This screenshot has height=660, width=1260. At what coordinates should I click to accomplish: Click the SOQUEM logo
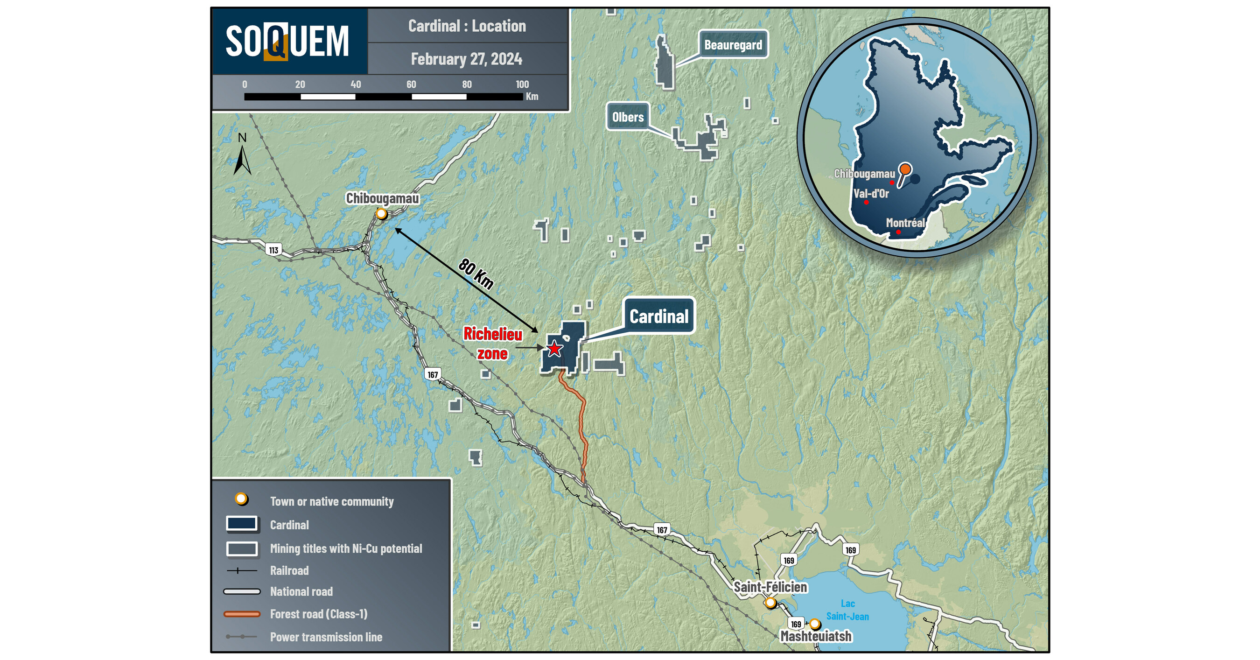287,42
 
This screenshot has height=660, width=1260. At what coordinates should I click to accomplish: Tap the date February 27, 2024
466,59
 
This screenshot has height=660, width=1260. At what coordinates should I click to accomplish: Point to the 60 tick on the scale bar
411,84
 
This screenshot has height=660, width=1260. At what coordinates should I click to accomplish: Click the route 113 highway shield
273,250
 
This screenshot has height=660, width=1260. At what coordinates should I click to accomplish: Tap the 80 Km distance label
476,274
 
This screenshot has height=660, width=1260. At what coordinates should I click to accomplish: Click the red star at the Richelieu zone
554,349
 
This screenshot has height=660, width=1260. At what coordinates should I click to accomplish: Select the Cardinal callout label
658,316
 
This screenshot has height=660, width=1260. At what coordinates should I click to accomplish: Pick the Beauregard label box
733,45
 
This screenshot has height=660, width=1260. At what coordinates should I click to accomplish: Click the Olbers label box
628,117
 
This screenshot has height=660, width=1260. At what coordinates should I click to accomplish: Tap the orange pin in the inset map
905,169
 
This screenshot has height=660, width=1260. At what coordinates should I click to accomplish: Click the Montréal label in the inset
905,223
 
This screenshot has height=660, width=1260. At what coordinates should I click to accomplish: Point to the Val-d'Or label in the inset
871,194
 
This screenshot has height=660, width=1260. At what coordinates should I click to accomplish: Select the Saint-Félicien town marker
770,603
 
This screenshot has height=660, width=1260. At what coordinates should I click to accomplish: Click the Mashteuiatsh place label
816,637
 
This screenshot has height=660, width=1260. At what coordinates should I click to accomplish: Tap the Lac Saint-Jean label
847,610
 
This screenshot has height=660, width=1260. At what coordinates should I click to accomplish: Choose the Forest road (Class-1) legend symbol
242,614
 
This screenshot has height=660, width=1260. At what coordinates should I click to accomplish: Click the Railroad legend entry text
289,570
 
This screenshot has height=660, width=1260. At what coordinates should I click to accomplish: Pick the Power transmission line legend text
326,637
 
